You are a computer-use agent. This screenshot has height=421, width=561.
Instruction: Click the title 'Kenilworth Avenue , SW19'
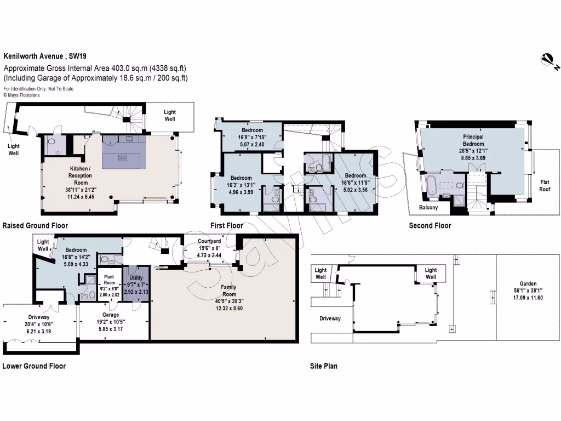45,56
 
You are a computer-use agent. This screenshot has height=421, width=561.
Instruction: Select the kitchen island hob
124,158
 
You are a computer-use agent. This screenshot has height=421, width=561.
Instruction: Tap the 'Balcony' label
429,208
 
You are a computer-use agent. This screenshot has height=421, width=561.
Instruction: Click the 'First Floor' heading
227,225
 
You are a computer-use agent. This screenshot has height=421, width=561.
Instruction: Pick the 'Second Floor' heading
430,225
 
